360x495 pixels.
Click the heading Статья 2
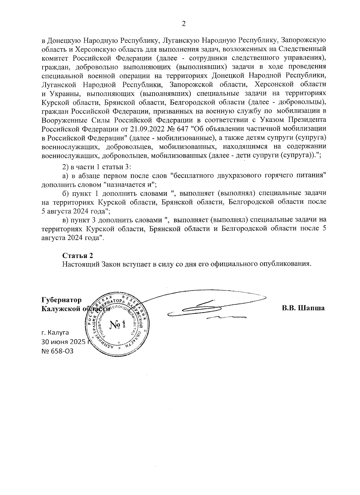78,256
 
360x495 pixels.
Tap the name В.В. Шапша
303,308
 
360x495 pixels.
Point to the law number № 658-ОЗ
57,351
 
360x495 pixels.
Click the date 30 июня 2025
63,342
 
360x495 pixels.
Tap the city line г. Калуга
55,332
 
